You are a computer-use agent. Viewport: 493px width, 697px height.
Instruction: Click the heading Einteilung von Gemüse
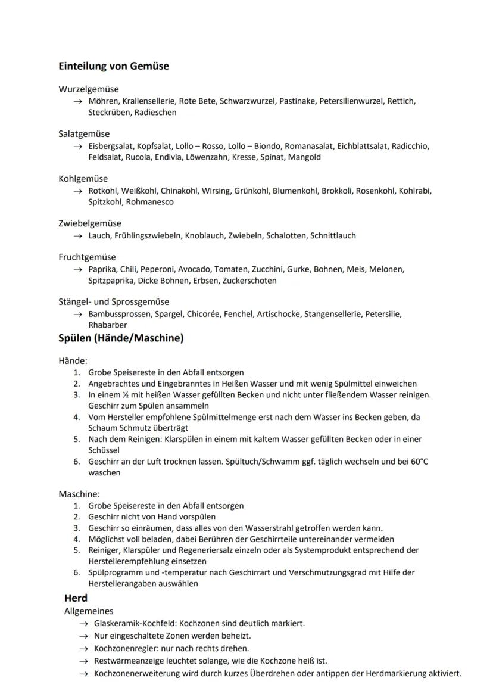click(113, 66)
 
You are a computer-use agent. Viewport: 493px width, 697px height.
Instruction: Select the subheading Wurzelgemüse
click(88, 89)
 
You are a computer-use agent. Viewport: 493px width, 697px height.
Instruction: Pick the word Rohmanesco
click(150, 202)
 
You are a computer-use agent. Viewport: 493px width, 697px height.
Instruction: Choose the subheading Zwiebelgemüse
click(89, 223)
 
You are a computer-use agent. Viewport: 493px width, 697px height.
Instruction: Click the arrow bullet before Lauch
click(77, 236)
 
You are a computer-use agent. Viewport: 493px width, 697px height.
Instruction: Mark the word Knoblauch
click(204, 235)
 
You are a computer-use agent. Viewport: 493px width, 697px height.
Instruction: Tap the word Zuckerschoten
click(249, 281)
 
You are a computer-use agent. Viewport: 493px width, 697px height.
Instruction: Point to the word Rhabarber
click(107, 325)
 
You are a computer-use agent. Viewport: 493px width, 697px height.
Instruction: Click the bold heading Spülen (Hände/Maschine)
click(121, 338)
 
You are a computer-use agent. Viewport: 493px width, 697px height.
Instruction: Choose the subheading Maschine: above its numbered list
click(79, 494)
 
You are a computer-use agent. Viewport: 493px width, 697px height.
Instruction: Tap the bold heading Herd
click(76, 598)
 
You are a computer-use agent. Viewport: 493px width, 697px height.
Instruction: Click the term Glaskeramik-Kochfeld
click(135, 623)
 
